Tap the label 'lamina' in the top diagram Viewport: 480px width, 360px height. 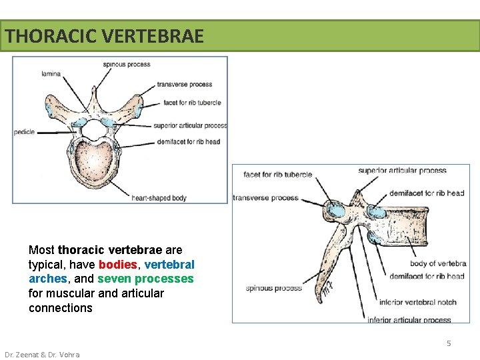pyautogui.click(x=51, y=73)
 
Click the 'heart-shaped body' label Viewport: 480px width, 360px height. pyautogui.click(x=159, y=198)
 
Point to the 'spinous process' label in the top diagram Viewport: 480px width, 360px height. pyautogui.click(x=127, y=65)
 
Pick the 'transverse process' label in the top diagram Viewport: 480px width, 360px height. pyautogui.click(x=185, y=85)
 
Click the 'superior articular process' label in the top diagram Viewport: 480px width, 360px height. pyautogui.click(x=190, y=125)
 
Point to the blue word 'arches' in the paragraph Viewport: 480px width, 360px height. pyautogui.click(x=47, y=279)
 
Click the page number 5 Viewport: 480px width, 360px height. pyautogui.click(x=449, y=343)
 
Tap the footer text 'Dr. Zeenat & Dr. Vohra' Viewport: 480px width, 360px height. pyautogui.click(x=42, y=355)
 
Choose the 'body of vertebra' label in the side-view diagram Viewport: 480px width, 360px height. pyautogui.click(x=438, y=264)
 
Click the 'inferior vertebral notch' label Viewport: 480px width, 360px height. pyautogui.click(x=417, y=302)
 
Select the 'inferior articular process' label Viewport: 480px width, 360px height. pyautogui.click(x=409, y=320)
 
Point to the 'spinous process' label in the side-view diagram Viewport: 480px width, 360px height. pyautogui.click(x=273, y=288)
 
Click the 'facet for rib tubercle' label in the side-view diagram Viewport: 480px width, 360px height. pyautogui.click(x=277, y=175)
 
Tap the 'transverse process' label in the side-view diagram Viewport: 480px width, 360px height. pyautogui.click(x=266, y=197)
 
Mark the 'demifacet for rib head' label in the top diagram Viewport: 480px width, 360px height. pyautogui.click(x=189, y=141)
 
